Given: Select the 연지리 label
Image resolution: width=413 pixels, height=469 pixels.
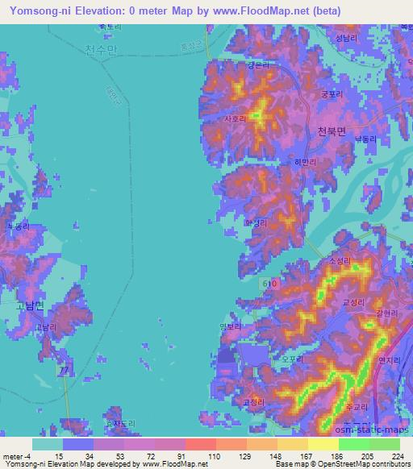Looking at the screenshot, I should point(390,338).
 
